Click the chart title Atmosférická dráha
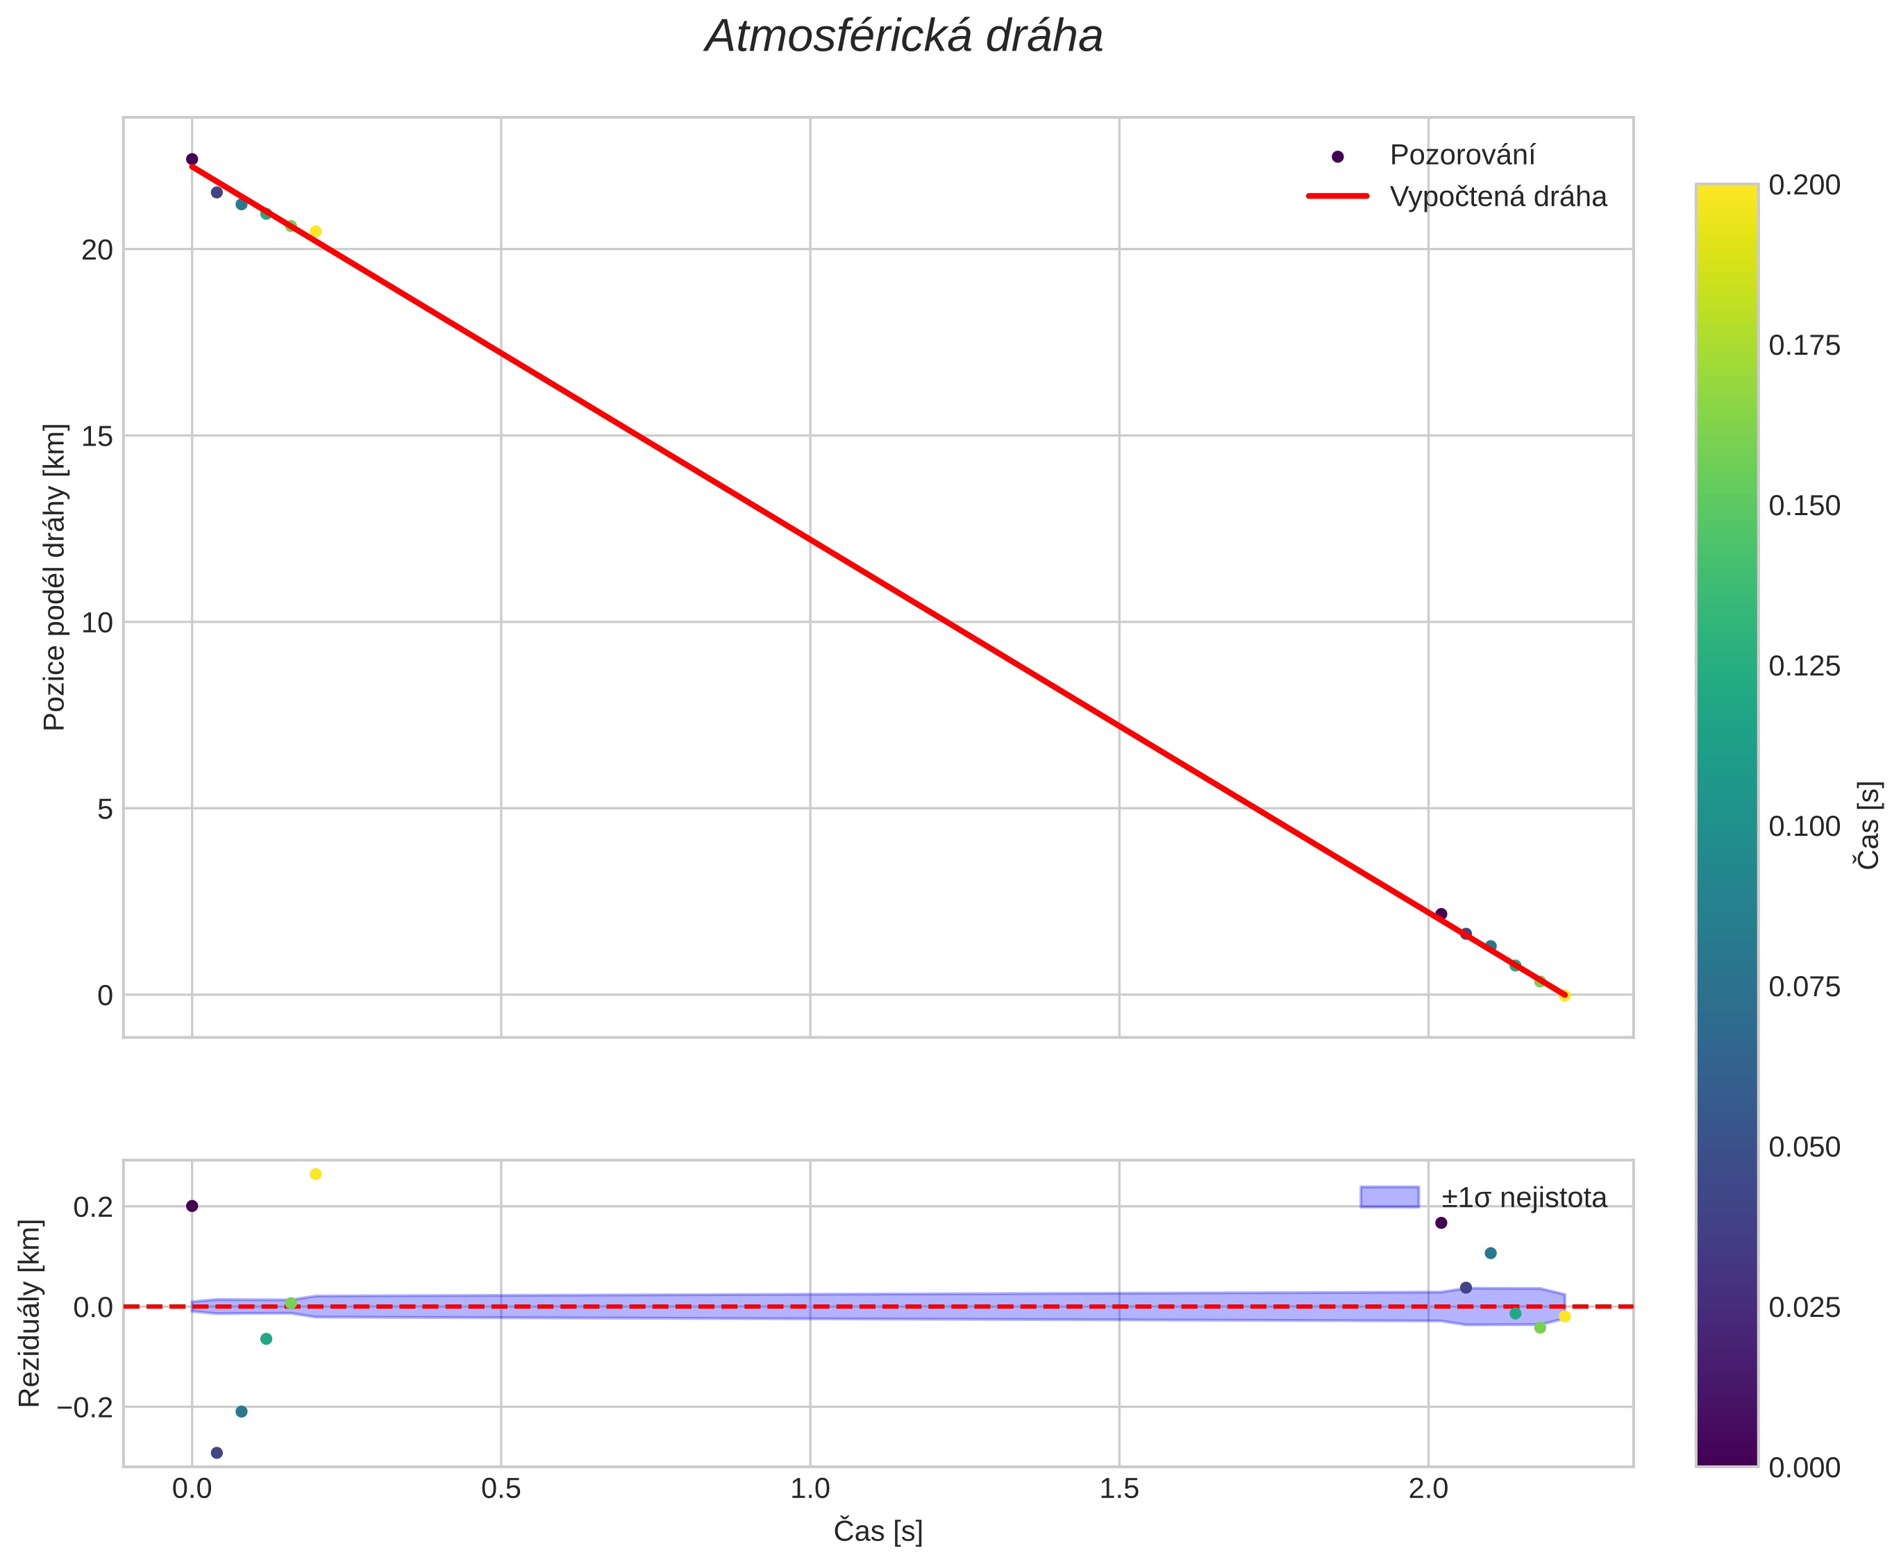pos(904,37)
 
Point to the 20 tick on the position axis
pos(97,249)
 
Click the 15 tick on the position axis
pos(97,436)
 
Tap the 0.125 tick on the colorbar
pos(1804,666)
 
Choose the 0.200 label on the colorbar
pos(1804,185)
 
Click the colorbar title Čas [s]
pos(1870,825)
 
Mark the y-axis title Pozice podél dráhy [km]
pos(54,578)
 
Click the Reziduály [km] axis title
pos(30,1313)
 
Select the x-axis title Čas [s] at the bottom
pos(878,1531)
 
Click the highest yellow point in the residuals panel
pos(315,1174)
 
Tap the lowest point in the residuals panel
pos(216,1453)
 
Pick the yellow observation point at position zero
pos(1565,995)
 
